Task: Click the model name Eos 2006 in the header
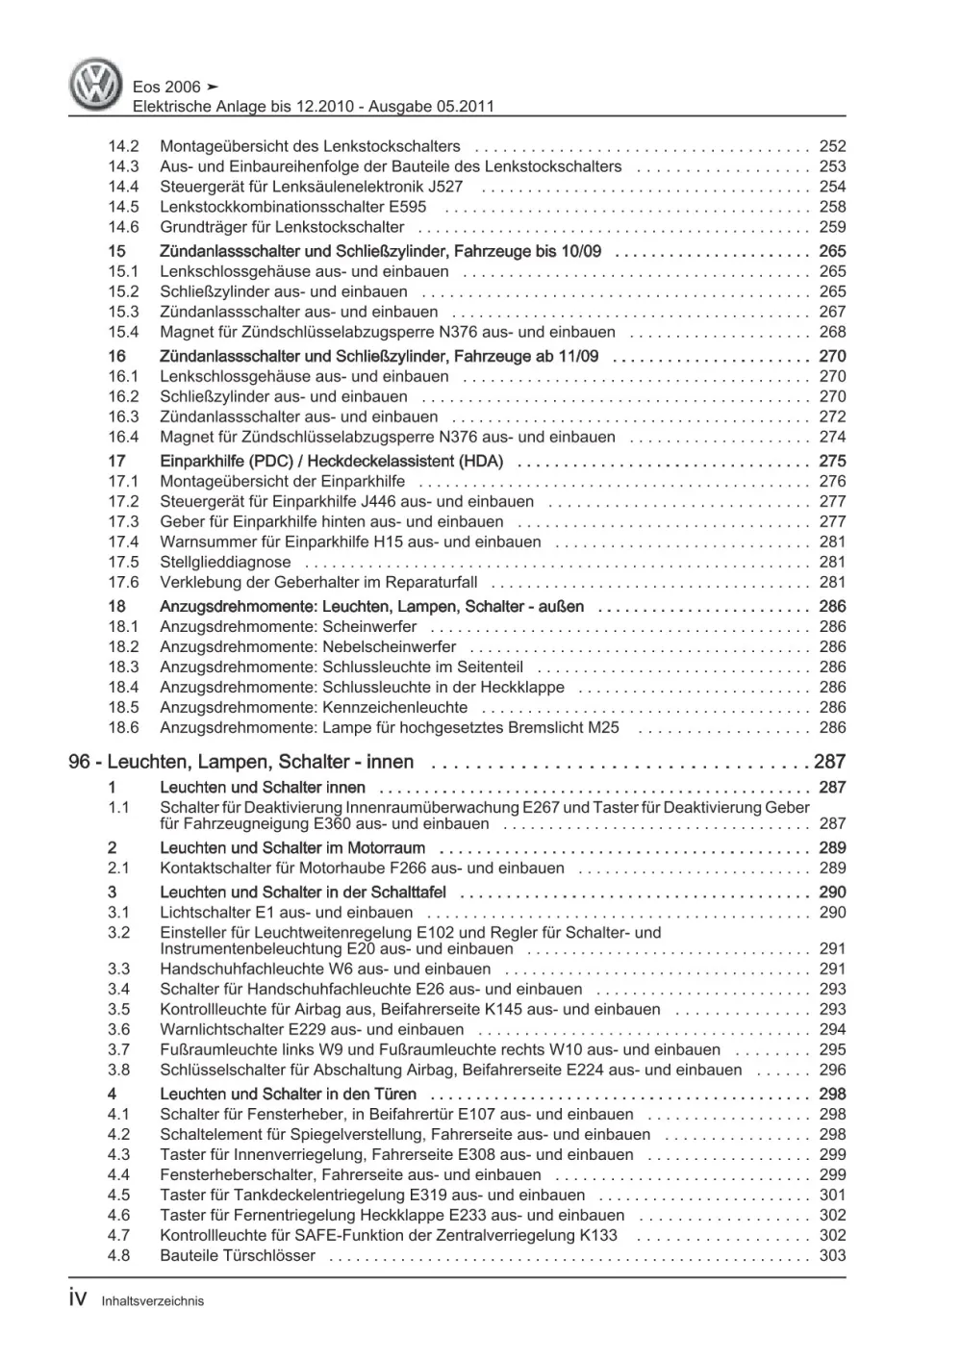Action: [x=166, y=87]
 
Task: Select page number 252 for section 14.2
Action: [x=832, y=146]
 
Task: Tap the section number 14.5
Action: [x=123, y=207]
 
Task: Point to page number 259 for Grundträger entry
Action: [x=832, y=227]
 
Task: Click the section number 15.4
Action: [x=123, y=332]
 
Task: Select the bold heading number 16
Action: [x=116, y=356]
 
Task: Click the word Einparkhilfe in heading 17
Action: [x=204, y=461]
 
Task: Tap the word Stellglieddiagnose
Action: [x=225, y=562]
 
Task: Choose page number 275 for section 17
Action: [x=832, y=461]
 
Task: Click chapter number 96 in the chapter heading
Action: [x=81, y=762]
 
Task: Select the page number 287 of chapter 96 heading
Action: [x=829, y=762]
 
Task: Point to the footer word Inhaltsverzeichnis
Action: [x=152, y=1301]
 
